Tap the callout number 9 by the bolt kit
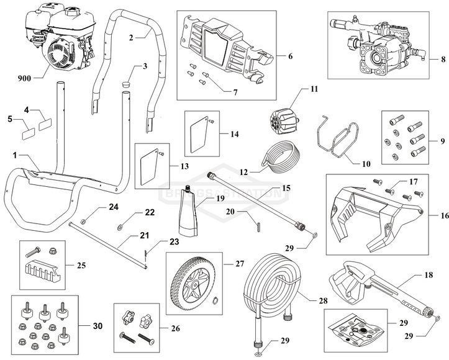pyautogui.click(x=443, y=142)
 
